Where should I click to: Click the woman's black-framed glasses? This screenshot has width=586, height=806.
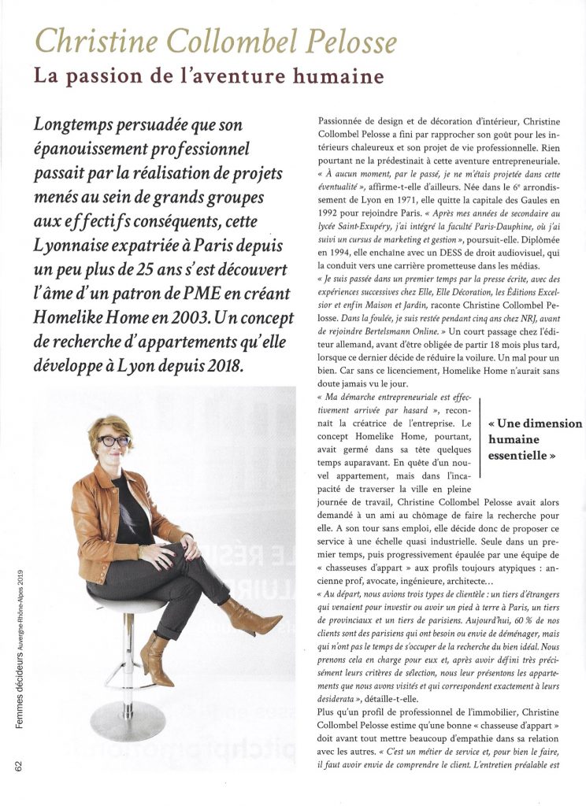coord(113,441)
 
